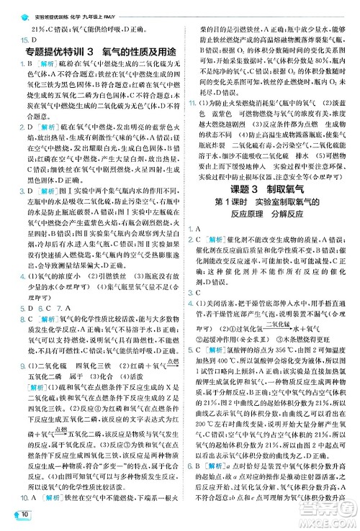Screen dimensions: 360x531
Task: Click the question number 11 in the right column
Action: click(193, 106)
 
